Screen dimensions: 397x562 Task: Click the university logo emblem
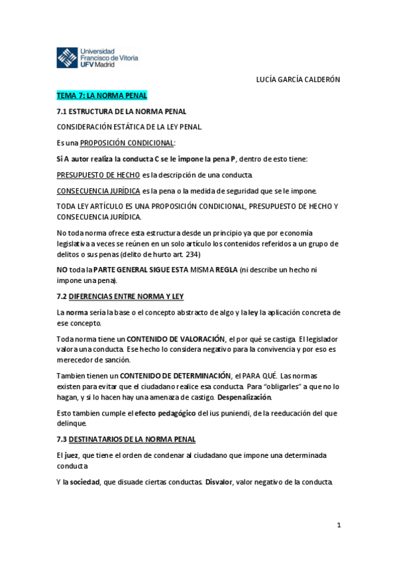tap(67, 57)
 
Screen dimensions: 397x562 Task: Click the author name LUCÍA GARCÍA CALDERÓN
tap(298, 79)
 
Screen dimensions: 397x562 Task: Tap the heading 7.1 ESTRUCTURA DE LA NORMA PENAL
tap(121, 111)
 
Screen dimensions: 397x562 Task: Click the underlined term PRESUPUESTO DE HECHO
tap(98, 174)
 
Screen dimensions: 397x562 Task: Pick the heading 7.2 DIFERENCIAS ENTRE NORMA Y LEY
tap(119, 296)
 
